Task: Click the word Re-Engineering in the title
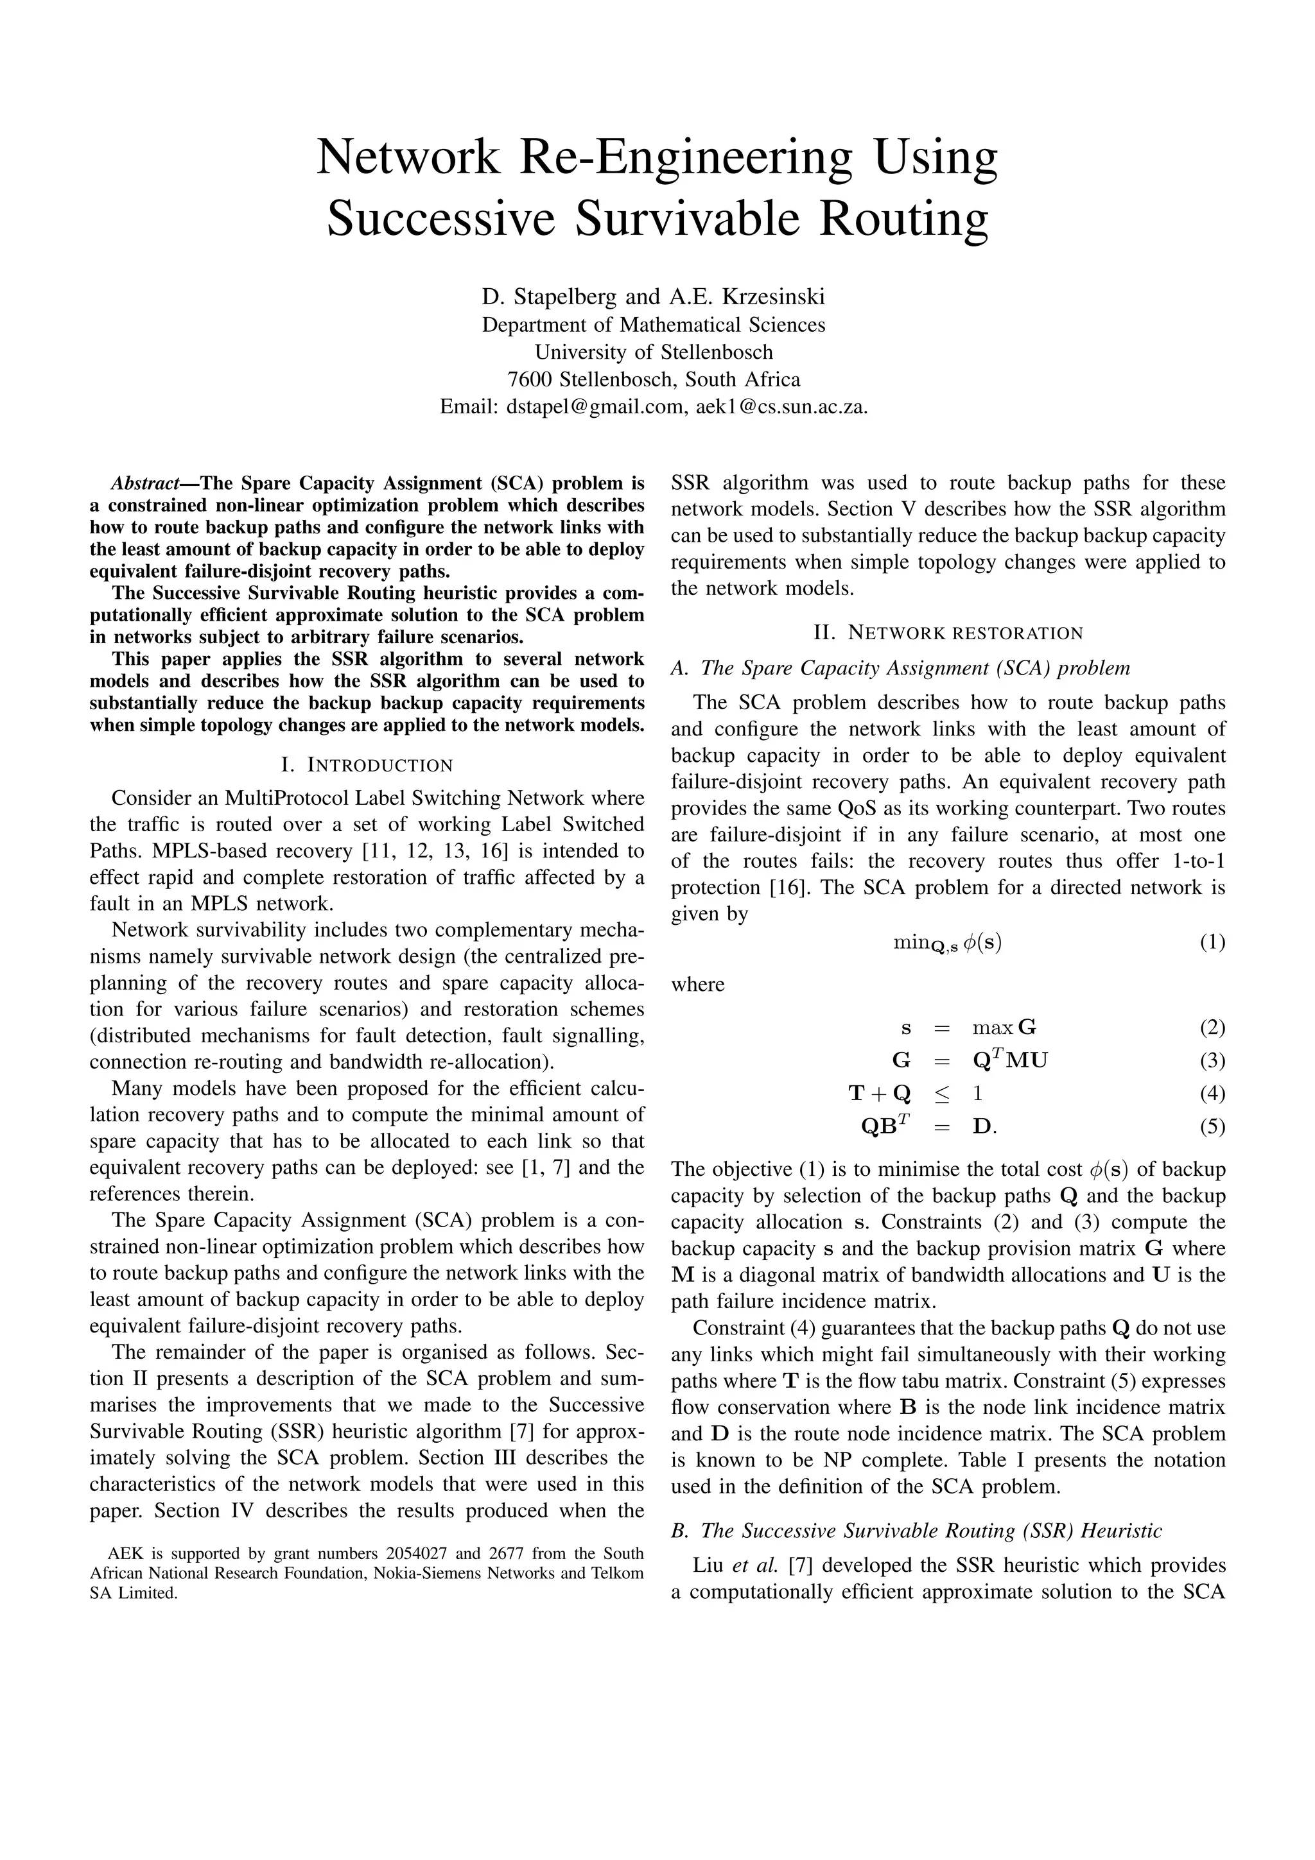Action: tap(684, 157)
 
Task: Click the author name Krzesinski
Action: tap(773, 297)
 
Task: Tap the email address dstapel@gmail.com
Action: tap(595, 407)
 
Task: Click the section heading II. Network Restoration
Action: tap(947, 633)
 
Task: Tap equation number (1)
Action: tap(1212, 942)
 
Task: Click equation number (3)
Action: tap(1212, 1060)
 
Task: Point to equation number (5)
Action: tap(1212, 1127)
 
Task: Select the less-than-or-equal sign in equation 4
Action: tap(941, 1094)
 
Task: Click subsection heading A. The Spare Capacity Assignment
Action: tap(900, 668)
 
